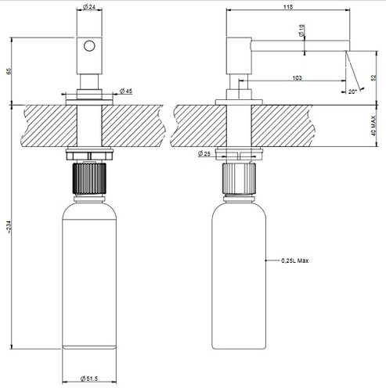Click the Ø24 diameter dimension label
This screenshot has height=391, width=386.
point(89,7)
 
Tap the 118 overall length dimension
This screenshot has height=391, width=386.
point(288,7)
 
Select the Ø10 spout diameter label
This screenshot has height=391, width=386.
point(301,30)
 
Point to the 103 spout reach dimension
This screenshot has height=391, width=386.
point(297,77)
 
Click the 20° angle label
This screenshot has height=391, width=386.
point(352,91)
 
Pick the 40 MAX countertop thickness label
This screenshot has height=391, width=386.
point(373,126)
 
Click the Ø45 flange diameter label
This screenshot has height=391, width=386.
point(126,91)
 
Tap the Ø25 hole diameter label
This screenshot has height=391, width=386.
point(204,153)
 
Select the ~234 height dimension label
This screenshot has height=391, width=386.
point(9,227)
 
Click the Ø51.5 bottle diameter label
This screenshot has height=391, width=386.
point(89,378)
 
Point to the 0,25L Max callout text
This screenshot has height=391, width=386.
point(294,260)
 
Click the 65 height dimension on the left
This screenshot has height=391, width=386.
point(9,71)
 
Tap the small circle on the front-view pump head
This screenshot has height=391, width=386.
point(89,46)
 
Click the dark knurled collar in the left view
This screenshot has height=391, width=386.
point(89,178)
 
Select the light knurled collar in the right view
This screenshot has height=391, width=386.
point(239,178)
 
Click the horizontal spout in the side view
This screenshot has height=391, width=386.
point(300,45)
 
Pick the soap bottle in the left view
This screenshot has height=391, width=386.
point(89,273)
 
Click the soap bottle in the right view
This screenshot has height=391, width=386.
point(239,273)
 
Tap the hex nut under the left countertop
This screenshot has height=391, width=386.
point(89,154)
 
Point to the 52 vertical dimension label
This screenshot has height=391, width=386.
point(373,77)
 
